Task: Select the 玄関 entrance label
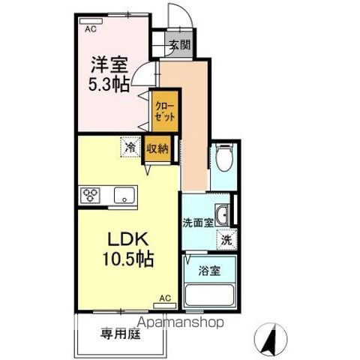179,44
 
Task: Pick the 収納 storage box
157,148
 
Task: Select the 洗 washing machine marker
226,240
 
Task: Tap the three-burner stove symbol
92,195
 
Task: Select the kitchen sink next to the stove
122,195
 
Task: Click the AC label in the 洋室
91,30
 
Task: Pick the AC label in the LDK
166,298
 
